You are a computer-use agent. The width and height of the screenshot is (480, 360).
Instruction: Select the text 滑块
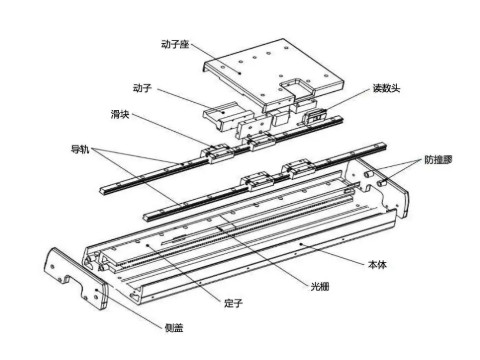pos(120,113)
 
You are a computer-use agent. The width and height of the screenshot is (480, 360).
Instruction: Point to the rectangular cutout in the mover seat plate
pos(300,97)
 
